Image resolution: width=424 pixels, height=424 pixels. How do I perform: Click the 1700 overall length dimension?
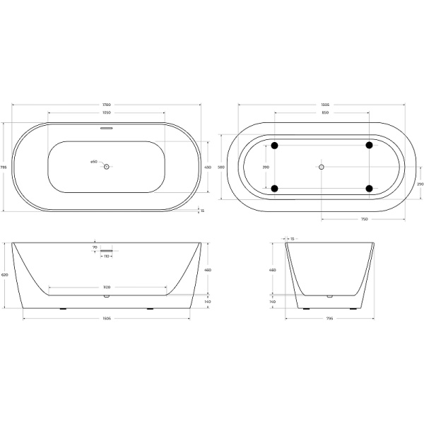pyautogui.click(x=106, y=105)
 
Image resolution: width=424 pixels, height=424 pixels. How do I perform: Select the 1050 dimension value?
pyautogui.click(x=106, y=112)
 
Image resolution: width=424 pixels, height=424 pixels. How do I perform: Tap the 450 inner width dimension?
pyautogui.click(x=208, y=167)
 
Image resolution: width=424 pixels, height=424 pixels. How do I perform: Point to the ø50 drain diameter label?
pyautogui.click(x=93, y=163)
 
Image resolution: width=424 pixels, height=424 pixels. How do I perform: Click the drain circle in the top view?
pyautogui.click(x=107, y=167)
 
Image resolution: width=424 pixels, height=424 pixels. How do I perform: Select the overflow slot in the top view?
pyautogui.click(x=106, y=128)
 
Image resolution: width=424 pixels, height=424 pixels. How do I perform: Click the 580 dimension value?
pyautogui.click(x=220, y=167)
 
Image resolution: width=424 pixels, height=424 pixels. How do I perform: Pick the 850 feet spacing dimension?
pyautogui.click(x=322, y=112)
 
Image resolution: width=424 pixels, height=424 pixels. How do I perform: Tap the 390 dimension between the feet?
pyautogui.click(x=266, y=167)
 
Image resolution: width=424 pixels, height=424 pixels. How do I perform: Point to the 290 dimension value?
pyautogui.click(x=420, y=184)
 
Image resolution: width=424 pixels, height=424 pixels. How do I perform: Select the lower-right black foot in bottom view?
pyautogui.click(x=369, y=188)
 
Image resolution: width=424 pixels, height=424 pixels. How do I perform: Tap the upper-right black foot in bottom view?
pyautogui.click(x=369, y=146)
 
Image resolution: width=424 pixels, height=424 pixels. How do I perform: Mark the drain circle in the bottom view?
pyautogui.click(x=322, y=167)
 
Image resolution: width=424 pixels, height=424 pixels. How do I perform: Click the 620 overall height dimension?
pyautogui.click(x=5, y=275)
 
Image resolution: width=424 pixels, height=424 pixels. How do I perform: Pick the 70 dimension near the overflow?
pyautogui.click(x=94, y=247)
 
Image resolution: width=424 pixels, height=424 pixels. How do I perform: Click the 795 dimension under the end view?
pyautogui.click(x=331, y=318)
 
